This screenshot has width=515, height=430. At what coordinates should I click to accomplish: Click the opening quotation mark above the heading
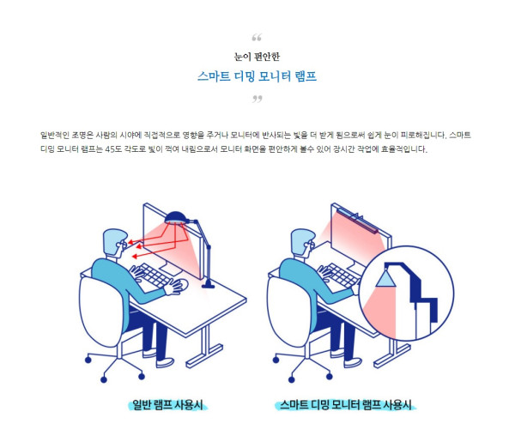(257, 38)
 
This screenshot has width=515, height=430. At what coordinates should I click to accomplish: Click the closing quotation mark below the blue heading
(257, 99)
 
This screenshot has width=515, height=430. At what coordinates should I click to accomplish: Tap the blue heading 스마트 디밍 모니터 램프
(257, 76)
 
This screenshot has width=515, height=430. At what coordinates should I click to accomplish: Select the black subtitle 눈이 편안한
(257, 57)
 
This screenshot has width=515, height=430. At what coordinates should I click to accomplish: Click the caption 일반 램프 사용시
(167, 404)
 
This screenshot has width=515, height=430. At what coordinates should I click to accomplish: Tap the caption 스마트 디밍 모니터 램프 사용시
(346, 404)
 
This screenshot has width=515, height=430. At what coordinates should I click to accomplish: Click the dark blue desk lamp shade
(176, 217)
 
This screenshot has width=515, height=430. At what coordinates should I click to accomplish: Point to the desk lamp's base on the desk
(208, 285)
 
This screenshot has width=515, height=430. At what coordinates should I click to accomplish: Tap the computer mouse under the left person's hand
(182, 284)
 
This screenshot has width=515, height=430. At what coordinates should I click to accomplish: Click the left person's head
(115, 241)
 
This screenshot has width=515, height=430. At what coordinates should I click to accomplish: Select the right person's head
(303, 242)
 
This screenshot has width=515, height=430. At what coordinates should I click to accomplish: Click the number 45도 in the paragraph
(113, 149)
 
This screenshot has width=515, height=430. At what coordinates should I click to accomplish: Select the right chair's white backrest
(289, 311)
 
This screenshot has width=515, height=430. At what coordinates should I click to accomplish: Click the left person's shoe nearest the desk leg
(165, 362)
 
